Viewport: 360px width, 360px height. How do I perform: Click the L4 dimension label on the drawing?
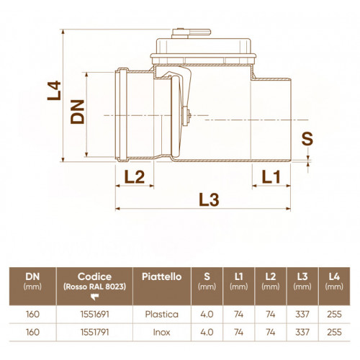54,91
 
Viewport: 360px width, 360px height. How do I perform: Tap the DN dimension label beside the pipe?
77,112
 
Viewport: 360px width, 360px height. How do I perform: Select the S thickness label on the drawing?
307,139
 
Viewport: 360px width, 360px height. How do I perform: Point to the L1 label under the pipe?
271,177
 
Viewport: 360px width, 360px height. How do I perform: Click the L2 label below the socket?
135,177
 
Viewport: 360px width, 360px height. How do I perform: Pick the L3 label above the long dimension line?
209,199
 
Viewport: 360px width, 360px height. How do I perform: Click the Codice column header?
94,276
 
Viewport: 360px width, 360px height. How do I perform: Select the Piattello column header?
161,276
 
